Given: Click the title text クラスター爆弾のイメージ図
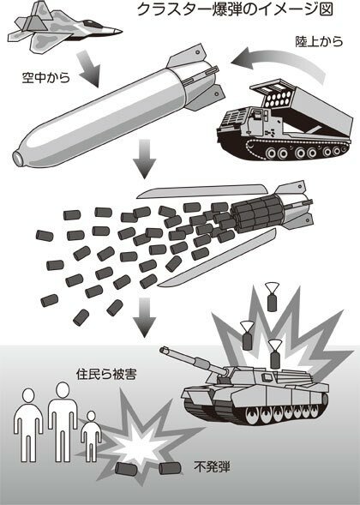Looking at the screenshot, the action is [x=235, y=9].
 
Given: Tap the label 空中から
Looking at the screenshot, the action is [x=45, y=78].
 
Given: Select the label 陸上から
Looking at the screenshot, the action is [x=319, y=41].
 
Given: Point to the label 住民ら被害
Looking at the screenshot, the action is [x=106, y=374].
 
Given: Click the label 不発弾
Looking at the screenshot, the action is [x=212, y=466].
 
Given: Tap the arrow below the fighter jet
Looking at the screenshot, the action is [x=89, y=69].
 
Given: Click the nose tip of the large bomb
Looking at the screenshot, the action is [x=17, y=158].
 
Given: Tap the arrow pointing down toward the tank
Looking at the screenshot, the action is [x=145, y=317].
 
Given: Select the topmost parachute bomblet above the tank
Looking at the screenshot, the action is [x=272, y=297].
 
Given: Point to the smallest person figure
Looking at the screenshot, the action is [x=91, y=436].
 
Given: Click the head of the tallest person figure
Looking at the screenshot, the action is [x=63, y=390].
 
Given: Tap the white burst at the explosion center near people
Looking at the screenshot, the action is [x=139, y=440].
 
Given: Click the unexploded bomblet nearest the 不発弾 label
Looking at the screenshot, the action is [x=169, y=468].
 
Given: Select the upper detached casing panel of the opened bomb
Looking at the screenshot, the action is [x=201, y=191].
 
